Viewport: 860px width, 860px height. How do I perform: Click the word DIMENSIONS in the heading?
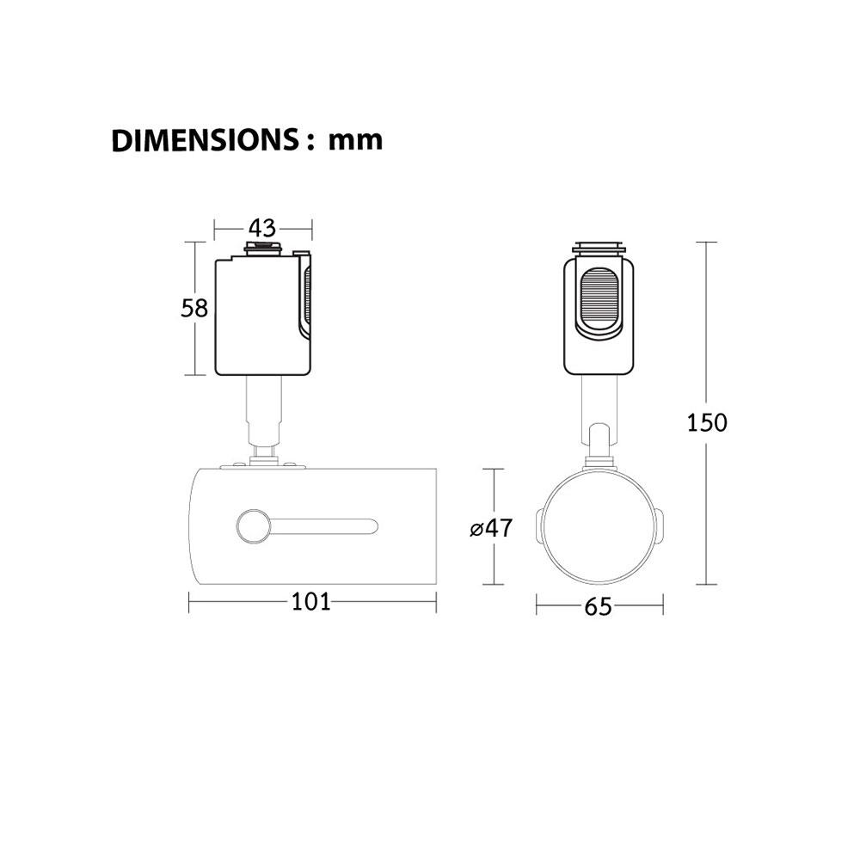(205, 140)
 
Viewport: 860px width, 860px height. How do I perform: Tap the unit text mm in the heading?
(355, 141)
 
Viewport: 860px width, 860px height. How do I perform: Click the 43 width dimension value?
(262, 228)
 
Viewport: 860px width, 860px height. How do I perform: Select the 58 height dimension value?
(194, 308)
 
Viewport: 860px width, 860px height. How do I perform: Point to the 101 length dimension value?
(311, 602)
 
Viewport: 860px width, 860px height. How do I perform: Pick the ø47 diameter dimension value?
(491, 528)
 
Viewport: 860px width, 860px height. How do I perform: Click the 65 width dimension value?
(598, 606)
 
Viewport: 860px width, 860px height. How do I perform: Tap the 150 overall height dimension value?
(707, 423)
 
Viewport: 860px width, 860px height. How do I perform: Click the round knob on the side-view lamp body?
(253, 526)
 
